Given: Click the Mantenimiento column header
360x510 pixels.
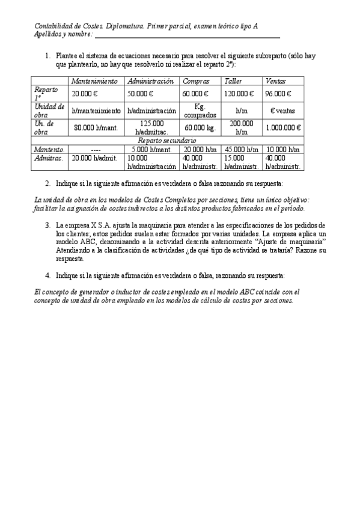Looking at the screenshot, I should [94, 81].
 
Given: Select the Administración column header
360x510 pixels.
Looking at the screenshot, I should [151, 81].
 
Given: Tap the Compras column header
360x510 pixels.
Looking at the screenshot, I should [197, 81].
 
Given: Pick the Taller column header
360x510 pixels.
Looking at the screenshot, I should [233, 81].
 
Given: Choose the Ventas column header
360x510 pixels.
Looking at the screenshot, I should [276, 81].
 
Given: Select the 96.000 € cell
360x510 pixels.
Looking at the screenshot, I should [278, 94].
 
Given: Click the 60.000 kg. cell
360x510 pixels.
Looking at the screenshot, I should [200, 128].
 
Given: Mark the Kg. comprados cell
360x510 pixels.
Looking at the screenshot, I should [200, 110].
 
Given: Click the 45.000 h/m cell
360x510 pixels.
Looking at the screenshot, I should [242, 149].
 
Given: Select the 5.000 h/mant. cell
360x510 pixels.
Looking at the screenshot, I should [152, 149].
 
